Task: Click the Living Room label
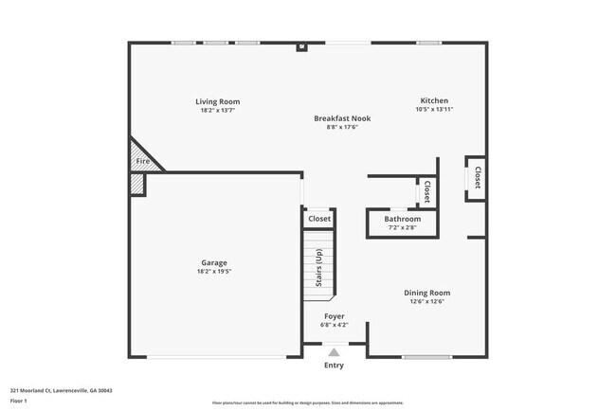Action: coord(217,101)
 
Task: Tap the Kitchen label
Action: coord(434,100)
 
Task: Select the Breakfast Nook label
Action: coord(342,118)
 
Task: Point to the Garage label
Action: coord(213,262)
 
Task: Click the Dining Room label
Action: coord(426,293)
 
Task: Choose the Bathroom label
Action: coord(402,219)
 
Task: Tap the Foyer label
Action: coord(334,315)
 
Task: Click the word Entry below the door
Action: coord(334,365)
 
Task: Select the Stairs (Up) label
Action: coord(318,267)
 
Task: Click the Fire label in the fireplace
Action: coord(142,161)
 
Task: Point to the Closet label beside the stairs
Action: coord(319,218)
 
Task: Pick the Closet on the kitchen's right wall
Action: coord(477,178)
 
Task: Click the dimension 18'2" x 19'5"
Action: coord(215,272)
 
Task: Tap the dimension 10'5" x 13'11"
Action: coord(434,110)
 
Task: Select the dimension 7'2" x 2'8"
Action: coord(402,227)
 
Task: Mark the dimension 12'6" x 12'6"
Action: coord(426,302)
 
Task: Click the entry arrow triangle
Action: coord(334,351)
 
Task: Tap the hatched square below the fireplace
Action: coord(138,187)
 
